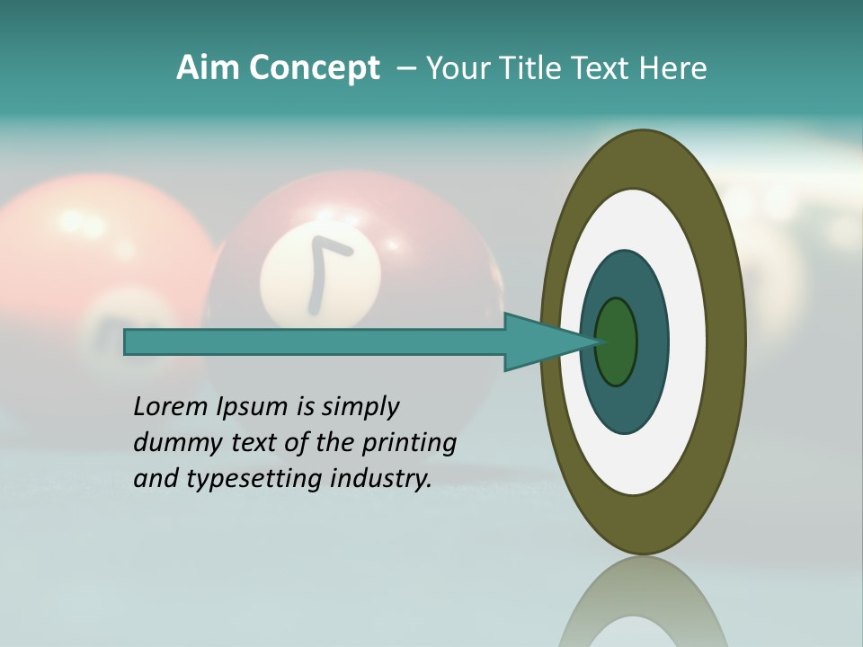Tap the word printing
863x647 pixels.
pos(409,444)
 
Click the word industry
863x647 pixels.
pos(378,478)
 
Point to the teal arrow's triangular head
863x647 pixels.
pos(539,342)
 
